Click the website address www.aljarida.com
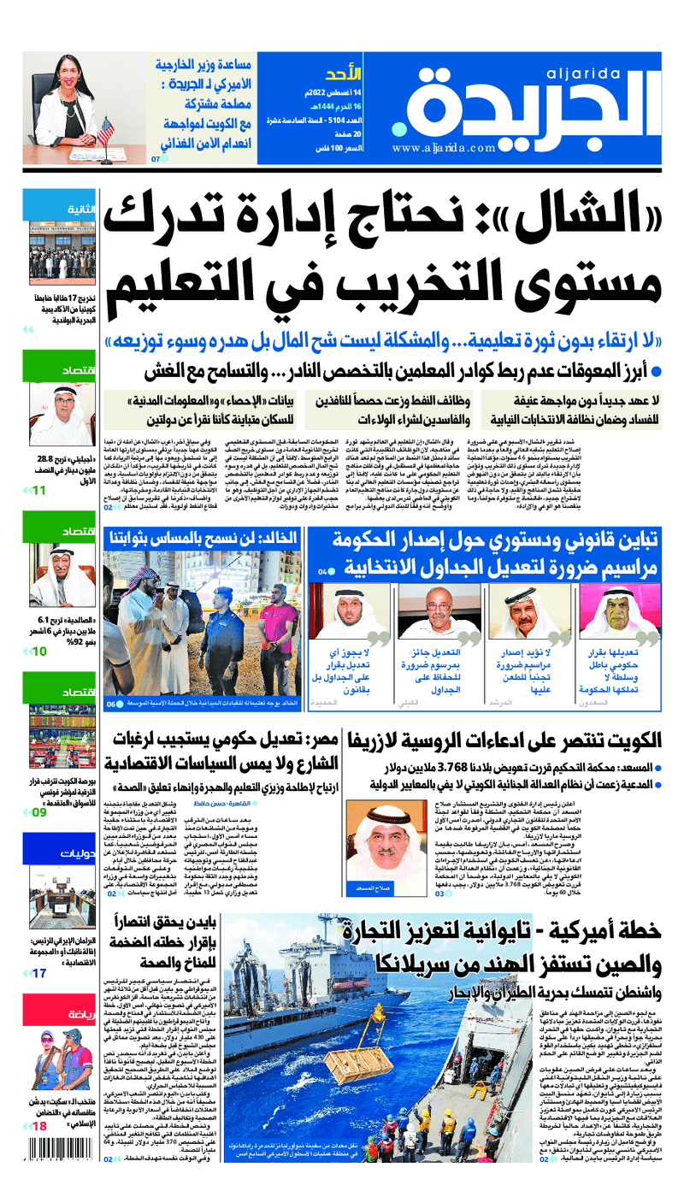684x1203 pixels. click(x=445, y=148)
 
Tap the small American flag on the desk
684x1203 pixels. click(x=105, y=131)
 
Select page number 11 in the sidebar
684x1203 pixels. click(x=38, y=490)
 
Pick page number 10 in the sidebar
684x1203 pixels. click(x=38, y=652)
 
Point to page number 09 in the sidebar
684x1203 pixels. click(x=38, y=812)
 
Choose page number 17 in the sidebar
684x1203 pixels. click(x=38, y=973)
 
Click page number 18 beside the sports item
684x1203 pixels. click(x=38, y=1127)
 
